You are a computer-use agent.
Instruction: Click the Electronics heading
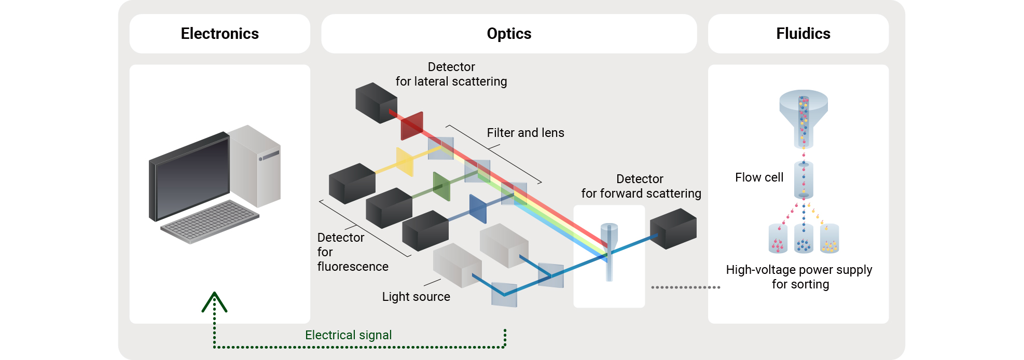(x=219, y=34)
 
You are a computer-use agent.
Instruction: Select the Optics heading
(x=509, y=34)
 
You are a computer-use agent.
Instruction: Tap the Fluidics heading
(x=803, y=34)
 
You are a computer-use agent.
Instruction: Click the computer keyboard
(x=210, y=221)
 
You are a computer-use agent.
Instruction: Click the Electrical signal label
(x=348, y=335)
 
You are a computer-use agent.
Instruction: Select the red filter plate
(x=412, y=126)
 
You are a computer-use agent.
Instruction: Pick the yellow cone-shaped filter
(x=405, y=162)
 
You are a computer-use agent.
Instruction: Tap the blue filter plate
(x=478, y=209)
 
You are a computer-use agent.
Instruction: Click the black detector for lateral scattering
(x=376, y=103)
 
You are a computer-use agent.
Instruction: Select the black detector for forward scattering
(x=673, y=229)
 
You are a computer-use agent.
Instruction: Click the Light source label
(x=416, y=297)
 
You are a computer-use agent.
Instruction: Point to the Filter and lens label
(x=525, y=133)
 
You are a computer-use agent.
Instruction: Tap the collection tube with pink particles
(x=778, y=239)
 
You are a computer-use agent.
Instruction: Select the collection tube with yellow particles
(x=829, y=239)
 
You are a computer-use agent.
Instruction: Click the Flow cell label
(x=759, y=177)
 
